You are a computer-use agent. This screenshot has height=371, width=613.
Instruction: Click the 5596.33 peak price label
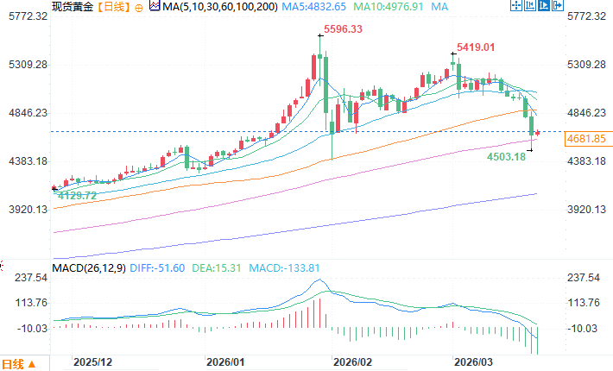342,29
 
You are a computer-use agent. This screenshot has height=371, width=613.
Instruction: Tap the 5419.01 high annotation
476,47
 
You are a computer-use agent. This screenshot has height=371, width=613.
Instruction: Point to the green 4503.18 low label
507,157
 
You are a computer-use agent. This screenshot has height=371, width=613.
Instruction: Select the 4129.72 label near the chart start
76,197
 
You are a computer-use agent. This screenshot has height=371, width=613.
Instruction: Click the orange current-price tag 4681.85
587,138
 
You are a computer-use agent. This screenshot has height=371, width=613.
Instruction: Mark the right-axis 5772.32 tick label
586,16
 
